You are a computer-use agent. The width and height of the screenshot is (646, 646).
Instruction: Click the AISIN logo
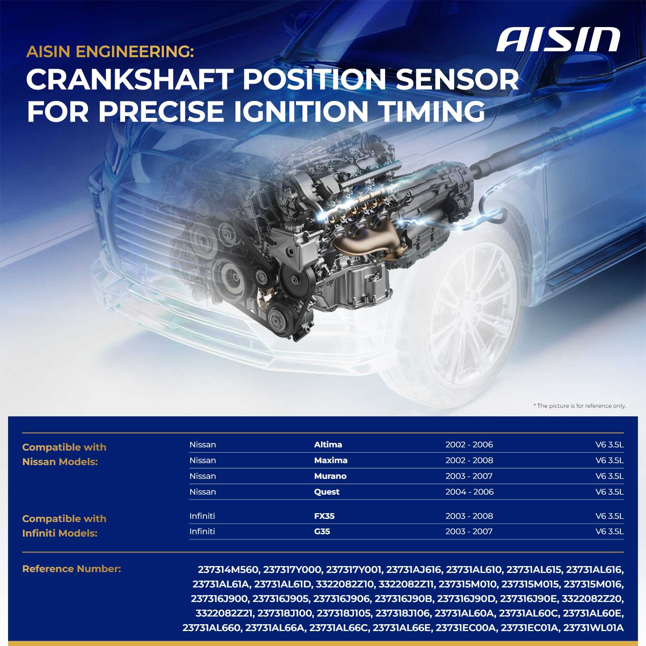[x=558, y=40]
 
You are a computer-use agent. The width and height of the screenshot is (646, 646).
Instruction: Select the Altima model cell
[x=328, y=445]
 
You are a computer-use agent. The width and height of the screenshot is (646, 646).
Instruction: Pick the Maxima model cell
[x=331, y=460]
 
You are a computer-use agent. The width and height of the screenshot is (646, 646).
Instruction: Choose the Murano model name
[x=330, y=476]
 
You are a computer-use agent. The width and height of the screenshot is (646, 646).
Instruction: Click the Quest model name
[x=327, y=492]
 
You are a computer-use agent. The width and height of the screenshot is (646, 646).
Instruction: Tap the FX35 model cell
[x=324, y=516]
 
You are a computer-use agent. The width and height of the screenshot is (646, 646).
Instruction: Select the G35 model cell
[x=322, y=531]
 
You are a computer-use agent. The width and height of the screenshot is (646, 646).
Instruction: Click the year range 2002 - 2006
[x=469, y=445]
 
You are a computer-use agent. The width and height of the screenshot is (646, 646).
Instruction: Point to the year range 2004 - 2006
[x=470, y=492]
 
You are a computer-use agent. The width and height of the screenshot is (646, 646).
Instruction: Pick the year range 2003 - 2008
[x=469, y=516]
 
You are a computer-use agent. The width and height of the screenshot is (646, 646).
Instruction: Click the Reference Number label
[x=71, y=569]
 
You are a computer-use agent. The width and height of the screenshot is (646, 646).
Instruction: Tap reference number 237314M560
[x=228, y=570]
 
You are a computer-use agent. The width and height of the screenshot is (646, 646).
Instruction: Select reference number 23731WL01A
[x=593, y=628]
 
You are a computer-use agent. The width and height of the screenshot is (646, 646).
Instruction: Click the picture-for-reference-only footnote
[x=580, y=406]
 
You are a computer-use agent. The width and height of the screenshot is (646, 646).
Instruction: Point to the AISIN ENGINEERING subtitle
[x=110, y=52]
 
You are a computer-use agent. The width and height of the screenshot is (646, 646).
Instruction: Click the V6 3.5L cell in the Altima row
[x=610, y=445]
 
